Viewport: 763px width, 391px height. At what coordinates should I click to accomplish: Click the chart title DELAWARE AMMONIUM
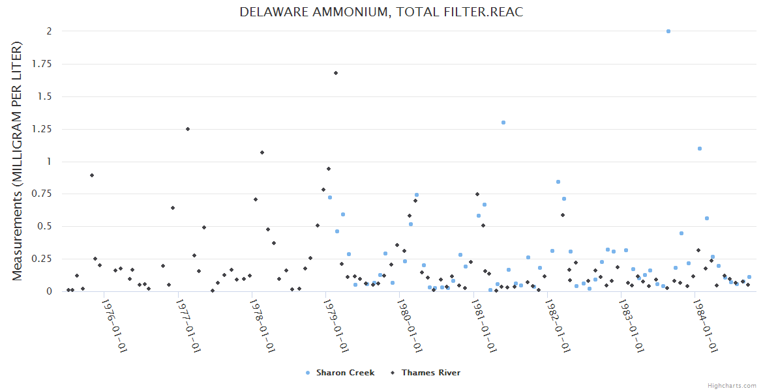click(381, 12)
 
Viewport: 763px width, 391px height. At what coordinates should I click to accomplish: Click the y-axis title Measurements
click(18, 161)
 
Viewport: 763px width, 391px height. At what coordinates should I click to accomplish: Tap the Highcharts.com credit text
click(732, 385)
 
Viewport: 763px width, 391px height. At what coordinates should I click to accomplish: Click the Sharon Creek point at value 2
click(668, 31)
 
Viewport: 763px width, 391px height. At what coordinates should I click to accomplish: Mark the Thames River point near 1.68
click(336, 73)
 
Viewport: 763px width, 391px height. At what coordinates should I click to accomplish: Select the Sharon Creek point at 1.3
click(503, 123)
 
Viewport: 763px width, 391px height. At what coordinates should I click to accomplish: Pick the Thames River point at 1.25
click(188, 129)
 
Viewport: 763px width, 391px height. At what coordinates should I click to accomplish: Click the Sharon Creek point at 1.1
click(700, 149)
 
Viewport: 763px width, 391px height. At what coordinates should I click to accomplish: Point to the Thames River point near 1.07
click(262, 152)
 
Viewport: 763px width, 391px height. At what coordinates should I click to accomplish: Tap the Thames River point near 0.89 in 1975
click(92, 175)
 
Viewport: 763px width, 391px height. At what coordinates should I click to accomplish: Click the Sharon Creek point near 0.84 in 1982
click(558, 182)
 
